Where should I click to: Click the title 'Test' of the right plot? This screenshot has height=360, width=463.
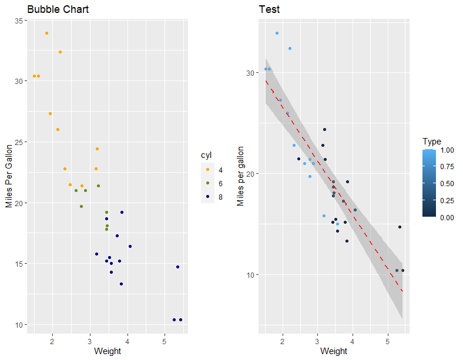click(x=269, y=9)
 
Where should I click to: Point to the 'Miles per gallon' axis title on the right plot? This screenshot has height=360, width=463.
click(x=240, y=176)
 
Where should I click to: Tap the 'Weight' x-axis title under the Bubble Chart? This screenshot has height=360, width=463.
click(x=108, y=351)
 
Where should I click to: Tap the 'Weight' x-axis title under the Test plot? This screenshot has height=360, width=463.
click(x=334, y=351)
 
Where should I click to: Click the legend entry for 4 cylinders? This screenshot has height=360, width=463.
click(x=213, y=170)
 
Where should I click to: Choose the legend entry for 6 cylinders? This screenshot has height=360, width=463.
click(x=213, y=183)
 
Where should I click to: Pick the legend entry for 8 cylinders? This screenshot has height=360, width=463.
click(x=213, y=197)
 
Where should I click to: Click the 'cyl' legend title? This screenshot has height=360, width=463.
click(x=207, y=155)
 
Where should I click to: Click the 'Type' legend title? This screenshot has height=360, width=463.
click(x=431, y=142)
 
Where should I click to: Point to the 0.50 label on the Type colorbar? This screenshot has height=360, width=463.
click(x=448, y=184)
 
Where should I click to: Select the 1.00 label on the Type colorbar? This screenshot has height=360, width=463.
click(x=448, y=150)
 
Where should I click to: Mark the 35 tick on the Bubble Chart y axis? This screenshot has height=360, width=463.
click(x=18, y=21)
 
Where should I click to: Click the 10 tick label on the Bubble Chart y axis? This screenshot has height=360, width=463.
click(x=18, y=325)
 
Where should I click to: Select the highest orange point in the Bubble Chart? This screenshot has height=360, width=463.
click(x=46, y=33)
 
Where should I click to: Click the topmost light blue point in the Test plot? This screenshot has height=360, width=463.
click(x=277, y=33)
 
